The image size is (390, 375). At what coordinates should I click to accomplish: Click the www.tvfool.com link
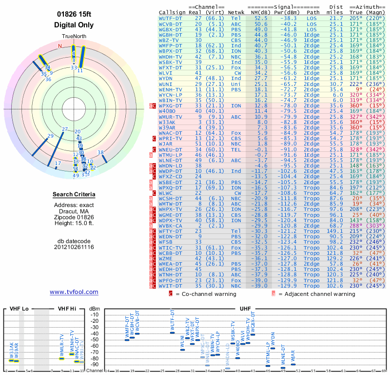click(74, 292)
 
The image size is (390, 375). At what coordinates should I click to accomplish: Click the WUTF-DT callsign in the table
click(171, 18)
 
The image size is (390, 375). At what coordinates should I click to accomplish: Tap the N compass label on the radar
click(60, 46)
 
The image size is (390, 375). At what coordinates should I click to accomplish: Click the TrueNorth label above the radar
click(74, 37)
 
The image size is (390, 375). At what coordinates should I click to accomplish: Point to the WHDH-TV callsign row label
click(171, 56)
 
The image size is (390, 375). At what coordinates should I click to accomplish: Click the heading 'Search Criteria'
click(74, 194)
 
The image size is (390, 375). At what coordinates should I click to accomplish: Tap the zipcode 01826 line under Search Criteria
click(74, 217)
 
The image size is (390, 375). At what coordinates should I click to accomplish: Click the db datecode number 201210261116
click(74, 247)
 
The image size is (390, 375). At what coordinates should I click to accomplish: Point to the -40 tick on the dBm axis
click(94, 333)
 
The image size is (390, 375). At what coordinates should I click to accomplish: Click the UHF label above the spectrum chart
click(245, 309)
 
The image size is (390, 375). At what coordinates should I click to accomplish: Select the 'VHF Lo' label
click(19, 309)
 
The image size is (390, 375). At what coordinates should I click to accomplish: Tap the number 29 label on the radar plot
click(50, 136)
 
